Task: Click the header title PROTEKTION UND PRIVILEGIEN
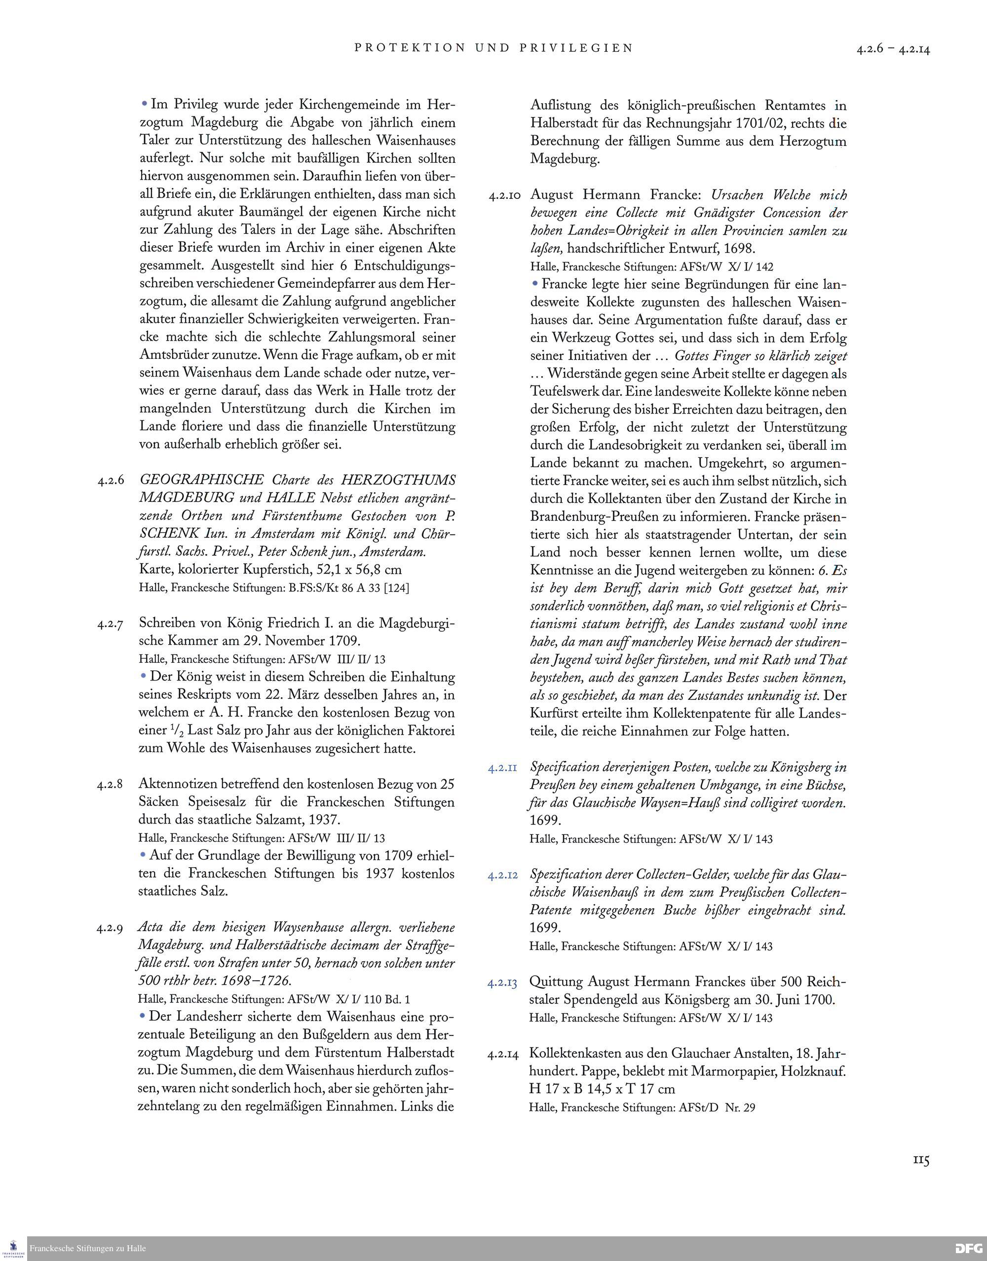494,48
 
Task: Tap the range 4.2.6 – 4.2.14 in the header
893,49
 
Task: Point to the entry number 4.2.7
111,624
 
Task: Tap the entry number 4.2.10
504,196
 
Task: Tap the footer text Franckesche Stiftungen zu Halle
88,1248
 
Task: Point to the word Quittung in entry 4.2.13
555,982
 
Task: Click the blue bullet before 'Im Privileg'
145,105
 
